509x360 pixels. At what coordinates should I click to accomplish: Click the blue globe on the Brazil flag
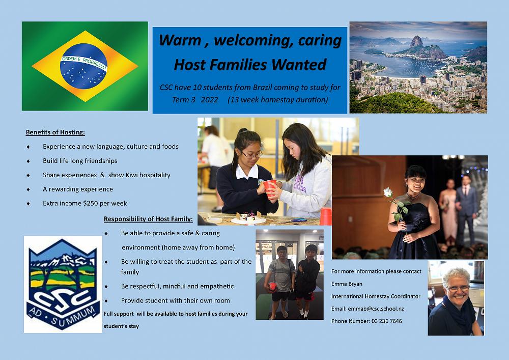pyautogui.click(x=83, y=66)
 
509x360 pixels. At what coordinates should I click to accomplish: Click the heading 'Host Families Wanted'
pyautogui.click(x=249, y=65)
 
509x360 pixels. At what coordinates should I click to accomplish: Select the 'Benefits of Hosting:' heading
pyautogui.click(x=55, y=132)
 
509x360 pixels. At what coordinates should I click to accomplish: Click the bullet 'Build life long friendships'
pyautogui.click(x=80, y=161)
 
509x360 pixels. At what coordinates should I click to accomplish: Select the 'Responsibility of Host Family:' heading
pyautogui.click(x=148, y=219)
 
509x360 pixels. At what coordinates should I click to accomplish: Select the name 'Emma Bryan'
pyautogui.click(x=347, y=284)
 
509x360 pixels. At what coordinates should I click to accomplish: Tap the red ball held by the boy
pyautogui.click(x=272, y=287)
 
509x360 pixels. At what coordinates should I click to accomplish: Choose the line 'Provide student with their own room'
pyautogui.click(x=175, y=300)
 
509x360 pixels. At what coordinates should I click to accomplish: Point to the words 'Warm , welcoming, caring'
pyautogui.click(x=249, y=40)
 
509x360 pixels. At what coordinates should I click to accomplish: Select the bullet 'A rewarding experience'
pyautogui.click(x=78, y=189)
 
